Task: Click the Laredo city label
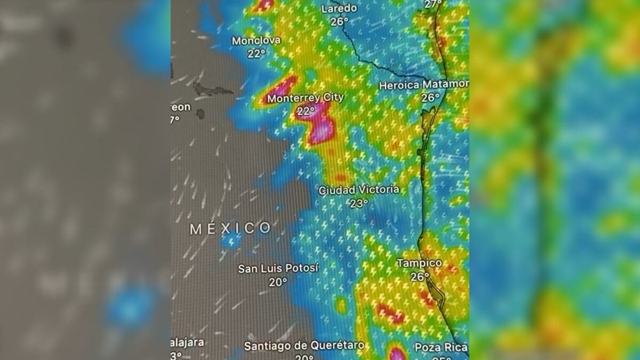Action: (339, 9)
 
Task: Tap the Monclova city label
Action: (256, 41)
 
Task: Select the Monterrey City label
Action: (305, 98)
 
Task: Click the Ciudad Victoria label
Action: (358, 190)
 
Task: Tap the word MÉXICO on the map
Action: (230, 229)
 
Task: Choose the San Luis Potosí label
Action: (278, 268)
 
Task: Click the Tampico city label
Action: (419, 263)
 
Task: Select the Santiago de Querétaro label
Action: (304, 346)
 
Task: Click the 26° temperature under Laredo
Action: (339, 21)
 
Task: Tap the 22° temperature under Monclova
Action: (256, 53)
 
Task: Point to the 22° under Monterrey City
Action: (306, 111)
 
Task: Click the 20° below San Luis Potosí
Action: (278, 282)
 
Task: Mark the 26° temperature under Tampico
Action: (420, 276)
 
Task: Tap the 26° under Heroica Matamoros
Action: (430, 98)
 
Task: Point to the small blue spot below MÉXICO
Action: (231, 241)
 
